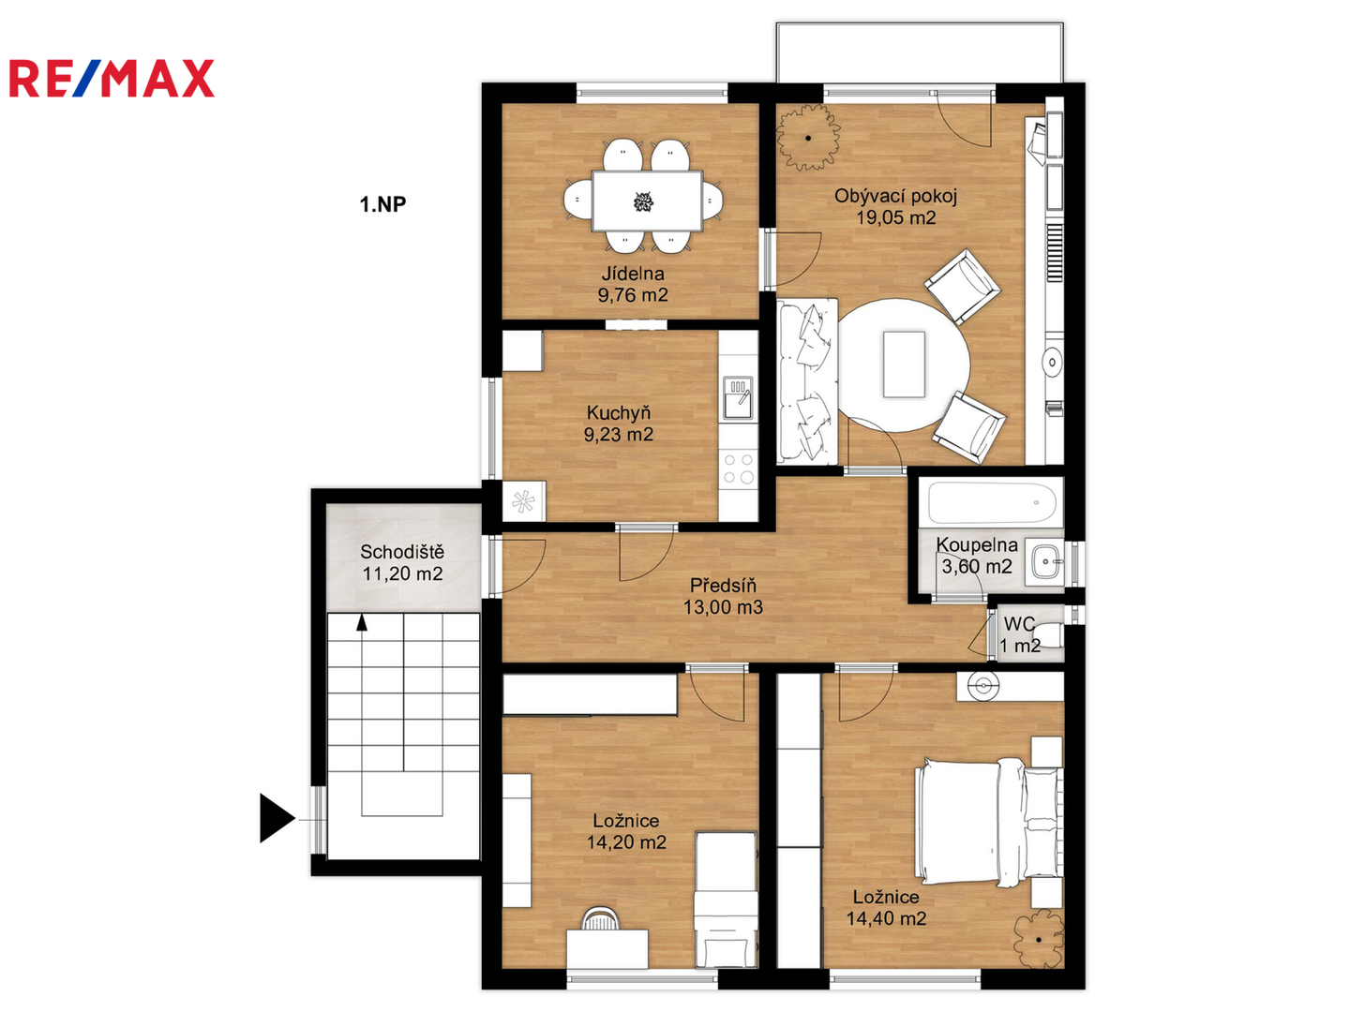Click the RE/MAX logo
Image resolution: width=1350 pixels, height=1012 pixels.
click(112, 78)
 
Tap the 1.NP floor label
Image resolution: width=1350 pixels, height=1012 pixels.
click(382, 204)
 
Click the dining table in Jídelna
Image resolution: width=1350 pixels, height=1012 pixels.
click(646, 201)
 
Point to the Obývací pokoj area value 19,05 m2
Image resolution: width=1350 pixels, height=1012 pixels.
click(896, 217)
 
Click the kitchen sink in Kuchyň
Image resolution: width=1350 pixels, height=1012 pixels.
click(738, 397)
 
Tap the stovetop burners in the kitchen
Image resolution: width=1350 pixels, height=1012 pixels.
click(739, 469)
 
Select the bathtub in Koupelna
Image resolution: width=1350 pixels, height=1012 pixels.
click(992, 502)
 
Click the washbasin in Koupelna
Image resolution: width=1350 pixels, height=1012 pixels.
click(1045, 561)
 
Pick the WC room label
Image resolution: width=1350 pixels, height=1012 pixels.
click(1019, 624)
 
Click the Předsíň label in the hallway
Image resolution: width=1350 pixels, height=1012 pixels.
click(723, 585)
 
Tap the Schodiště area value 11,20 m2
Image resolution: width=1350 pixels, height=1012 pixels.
click(402, 573)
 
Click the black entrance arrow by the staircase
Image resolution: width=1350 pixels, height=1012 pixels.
click(277, 818)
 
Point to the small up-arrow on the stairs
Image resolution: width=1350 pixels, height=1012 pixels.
click(362, 622)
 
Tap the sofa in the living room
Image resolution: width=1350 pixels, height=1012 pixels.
click(807, 381)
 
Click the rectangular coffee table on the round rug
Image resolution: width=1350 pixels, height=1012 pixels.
click(904, 365)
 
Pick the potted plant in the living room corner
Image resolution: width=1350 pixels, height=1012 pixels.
click(808, 137)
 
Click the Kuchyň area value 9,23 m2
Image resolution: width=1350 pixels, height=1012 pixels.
click(618, 435)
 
